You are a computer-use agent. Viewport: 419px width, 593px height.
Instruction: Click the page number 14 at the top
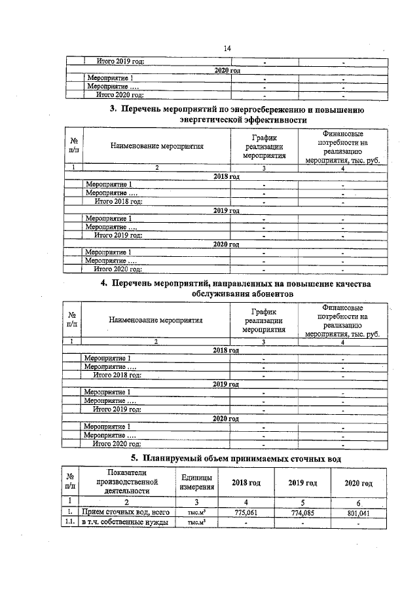point(227,48)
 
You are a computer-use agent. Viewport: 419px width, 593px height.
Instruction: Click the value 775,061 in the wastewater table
point(246,513)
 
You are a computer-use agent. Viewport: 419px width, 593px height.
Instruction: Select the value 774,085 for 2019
point(302,513)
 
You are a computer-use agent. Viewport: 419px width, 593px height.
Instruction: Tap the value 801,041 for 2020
point(358,513)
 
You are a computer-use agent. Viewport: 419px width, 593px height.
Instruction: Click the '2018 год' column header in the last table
point(246,483)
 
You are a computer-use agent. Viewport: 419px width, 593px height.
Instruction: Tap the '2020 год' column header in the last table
point(358,483)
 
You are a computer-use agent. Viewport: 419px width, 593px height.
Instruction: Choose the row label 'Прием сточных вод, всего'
point(124,513)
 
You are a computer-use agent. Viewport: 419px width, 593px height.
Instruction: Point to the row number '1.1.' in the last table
point(70,522)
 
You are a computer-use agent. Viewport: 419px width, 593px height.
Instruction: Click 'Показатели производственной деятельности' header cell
point(124,481)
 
